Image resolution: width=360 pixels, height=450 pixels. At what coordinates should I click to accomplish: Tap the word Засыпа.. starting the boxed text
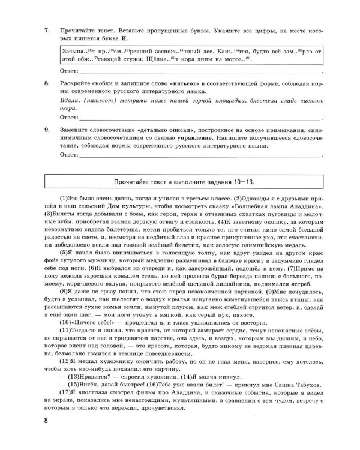pyautogui.click(x=74, y=52)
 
